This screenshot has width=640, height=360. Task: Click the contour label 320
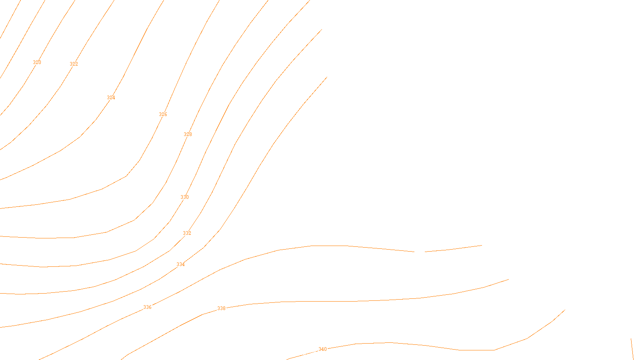click(x=37, y=62)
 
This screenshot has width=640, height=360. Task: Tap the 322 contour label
click(x=74, y=64)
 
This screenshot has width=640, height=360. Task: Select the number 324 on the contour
click(x=111, y=98)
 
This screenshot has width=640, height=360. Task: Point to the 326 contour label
click(x=163, y=114)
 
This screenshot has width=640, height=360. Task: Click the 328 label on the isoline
click(x=188, y=134)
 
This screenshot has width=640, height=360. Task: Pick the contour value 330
click(x=184, y=197)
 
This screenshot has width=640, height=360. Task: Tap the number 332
click(x=187, y=233)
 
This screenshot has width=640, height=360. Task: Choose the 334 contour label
click(x=180, y=264)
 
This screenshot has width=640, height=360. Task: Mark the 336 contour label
click(x=147, y=307)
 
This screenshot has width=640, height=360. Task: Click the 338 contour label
click(x=221, y=308)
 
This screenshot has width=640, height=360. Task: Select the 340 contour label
click(x=322, y=349)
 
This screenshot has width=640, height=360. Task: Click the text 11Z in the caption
click(x=303, y=354)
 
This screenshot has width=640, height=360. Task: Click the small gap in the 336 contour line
click(x=419, y=252)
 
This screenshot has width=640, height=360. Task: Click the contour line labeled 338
click(x=320, y=302)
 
